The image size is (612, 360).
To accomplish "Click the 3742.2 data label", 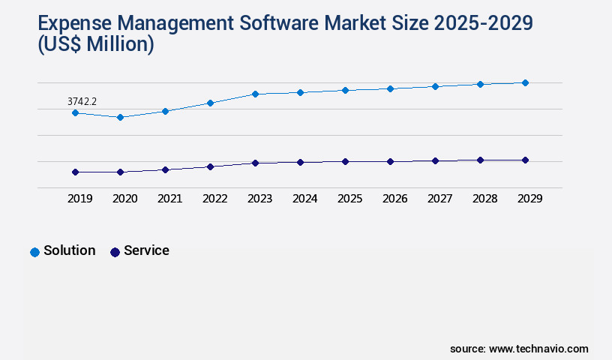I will [x=82, y=100].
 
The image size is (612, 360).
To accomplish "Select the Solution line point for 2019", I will [x=75, y=112].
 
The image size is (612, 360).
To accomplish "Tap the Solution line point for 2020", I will [x=120, y=117].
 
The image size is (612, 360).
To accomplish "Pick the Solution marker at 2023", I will [x=255, y=94].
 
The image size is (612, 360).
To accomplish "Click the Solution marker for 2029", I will [x=525, y=82].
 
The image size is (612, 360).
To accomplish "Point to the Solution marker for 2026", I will [x=390, y=88].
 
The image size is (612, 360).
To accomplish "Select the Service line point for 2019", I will [x=75, y=172].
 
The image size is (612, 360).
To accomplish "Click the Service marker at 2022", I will [x=210, y=166].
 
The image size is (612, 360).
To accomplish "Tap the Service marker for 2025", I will [x=345, y=161].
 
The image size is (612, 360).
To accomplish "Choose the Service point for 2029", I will [x=525, y=160].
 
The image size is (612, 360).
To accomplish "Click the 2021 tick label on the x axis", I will [x=169, y=199].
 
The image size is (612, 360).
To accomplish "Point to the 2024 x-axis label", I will [x=304, y=199].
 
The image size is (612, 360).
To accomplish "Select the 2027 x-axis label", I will [x=439, y=199].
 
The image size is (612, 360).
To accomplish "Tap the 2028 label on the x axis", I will [x=484, y=199].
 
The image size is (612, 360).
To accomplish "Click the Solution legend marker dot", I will [x=34, y=252].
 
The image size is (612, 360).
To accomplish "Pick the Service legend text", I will [x=146, y=250].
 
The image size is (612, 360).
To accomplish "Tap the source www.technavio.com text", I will [x=519, y=349].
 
